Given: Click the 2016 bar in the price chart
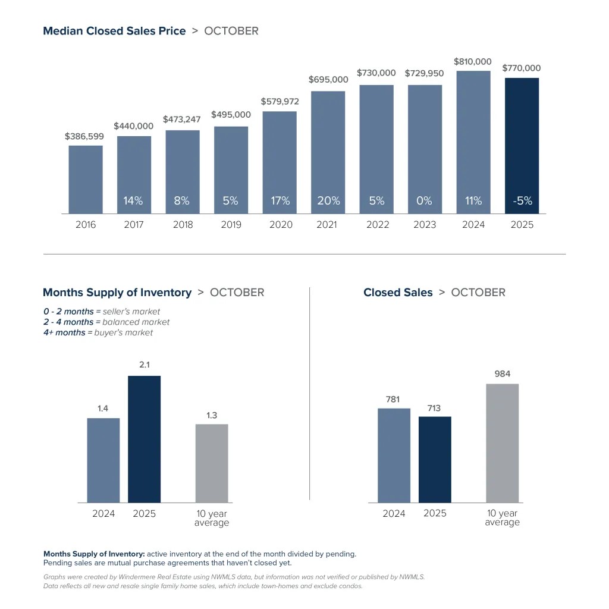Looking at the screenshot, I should click(x=86, y=179).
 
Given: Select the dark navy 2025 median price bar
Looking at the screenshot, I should click(x=522, y=146).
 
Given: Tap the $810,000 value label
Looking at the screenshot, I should click(x=473, y=61).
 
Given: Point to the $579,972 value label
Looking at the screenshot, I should click(x=280, y=102).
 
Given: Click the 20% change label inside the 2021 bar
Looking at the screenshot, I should click(x=328, y=201).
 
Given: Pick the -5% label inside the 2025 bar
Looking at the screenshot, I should click(x=522, y=201).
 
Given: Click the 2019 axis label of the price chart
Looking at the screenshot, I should click(x=231, y=225).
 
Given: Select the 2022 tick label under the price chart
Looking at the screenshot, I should click(x=377, y=225).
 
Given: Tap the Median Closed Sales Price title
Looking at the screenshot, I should click(x=114, y=31).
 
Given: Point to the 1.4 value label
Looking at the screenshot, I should click(x=103, y=409).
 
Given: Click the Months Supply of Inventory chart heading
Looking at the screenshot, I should click(x=117, y=293).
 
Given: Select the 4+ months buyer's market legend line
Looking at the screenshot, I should click(x=98, y=332).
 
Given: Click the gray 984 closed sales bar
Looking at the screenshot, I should click(x=502, y=443).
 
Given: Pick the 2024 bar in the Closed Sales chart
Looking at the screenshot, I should click(x=394, y=455).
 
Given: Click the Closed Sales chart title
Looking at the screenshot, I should click(x=398, y=293).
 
